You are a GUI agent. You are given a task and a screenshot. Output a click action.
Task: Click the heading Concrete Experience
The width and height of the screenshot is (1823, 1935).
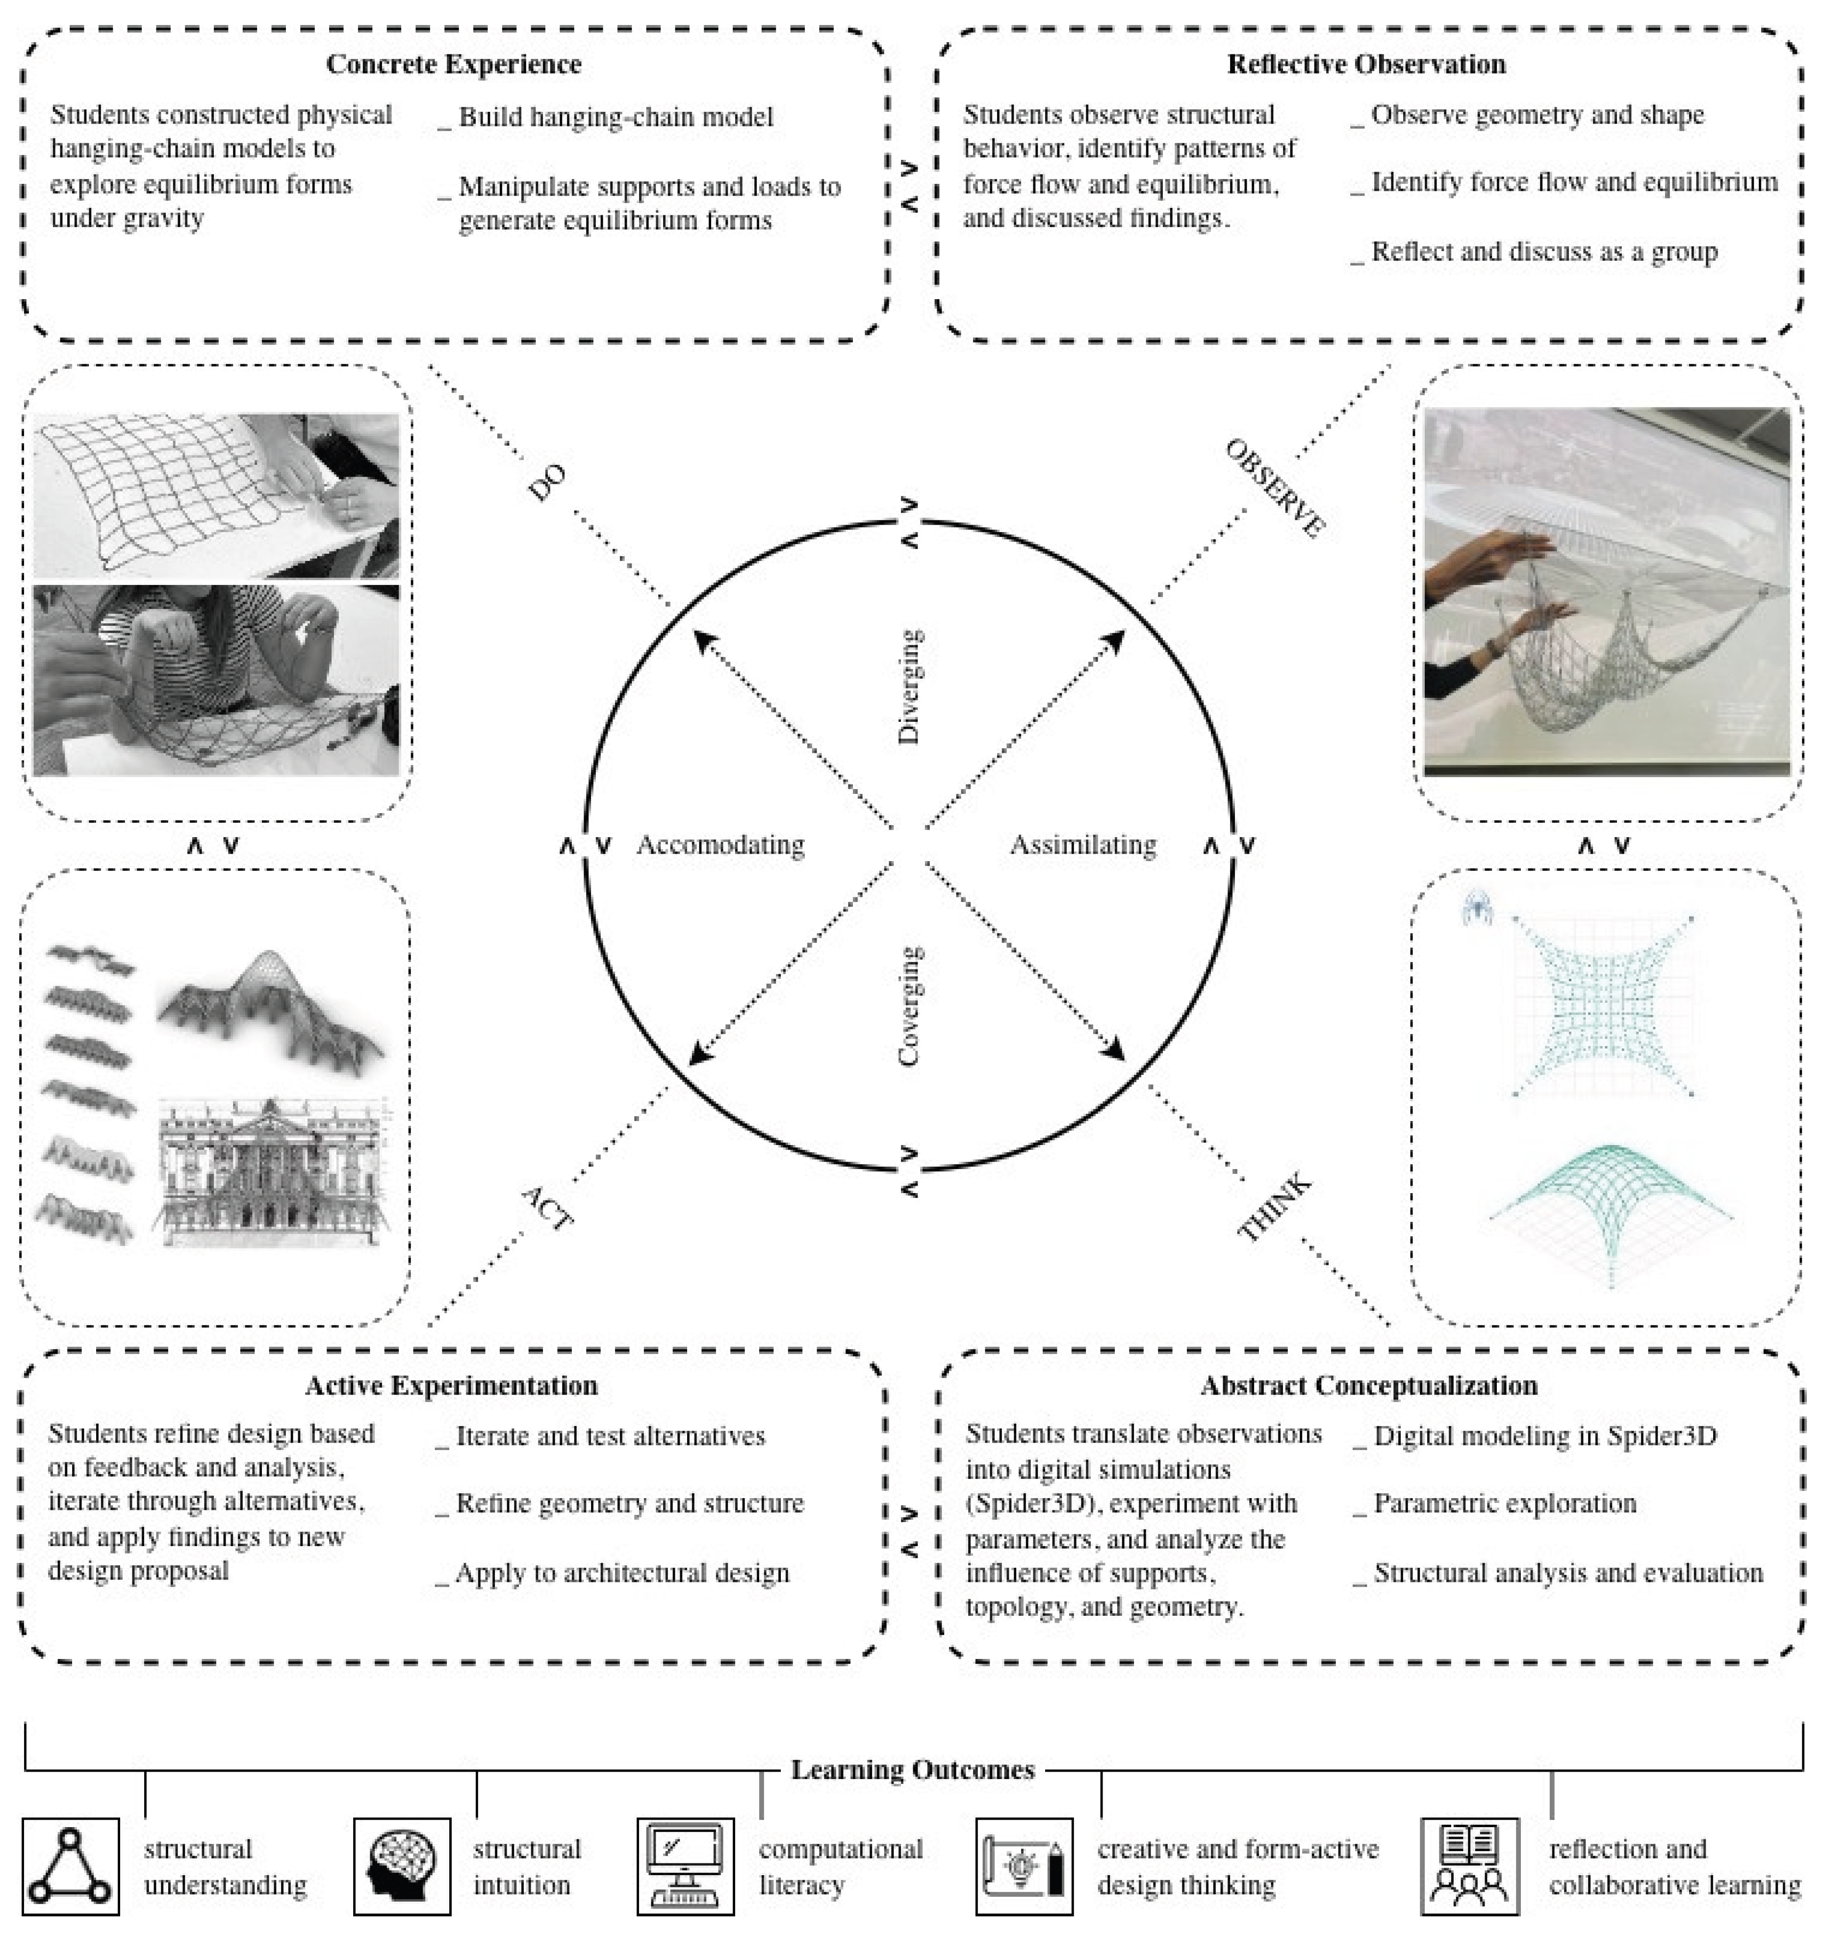454,64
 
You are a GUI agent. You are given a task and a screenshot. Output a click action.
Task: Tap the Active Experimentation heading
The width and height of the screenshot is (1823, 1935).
452,1385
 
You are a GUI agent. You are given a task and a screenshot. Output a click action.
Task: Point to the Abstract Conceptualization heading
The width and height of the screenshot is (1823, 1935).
1368,1385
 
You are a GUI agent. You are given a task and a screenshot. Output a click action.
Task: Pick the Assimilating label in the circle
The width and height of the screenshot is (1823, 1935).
1082,845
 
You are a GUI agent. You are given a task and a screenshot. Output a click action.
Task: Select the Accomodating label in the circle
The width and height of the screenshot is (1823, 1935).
720,845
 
